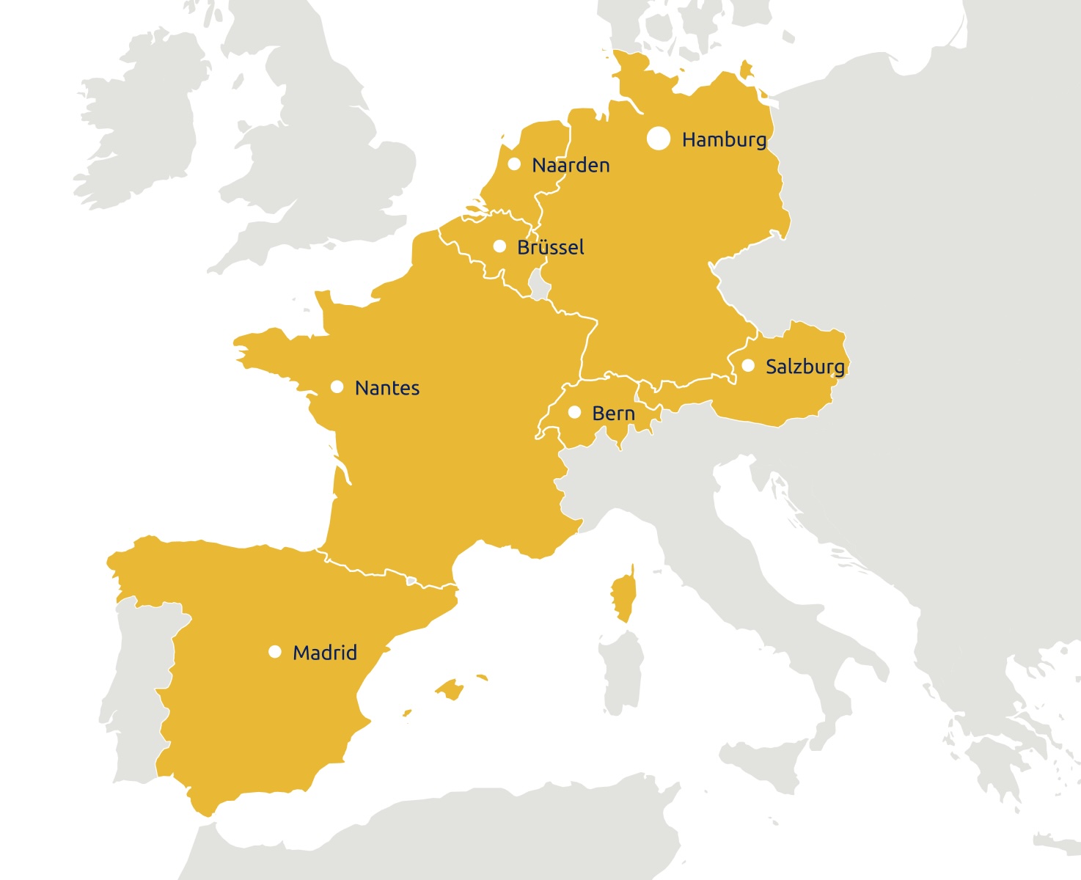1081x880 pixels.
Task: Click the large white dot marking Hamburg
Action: pyautogui.click(x=659, y=138)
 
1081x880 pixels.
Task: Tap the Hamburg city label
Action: pyautogui.click(x=724, y=139)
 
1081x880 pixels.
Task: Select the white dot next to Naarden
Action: pyautogui.click(x=514, y=164)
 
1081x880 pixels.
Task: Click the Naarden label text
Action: pyautogui.click(x=571, y=166)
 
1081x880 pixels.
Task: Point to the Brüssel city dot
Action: pyautogui.click(x=499, y=246)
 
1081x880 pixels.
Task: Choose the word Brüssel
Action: pyautogui.click(x=550, y=248)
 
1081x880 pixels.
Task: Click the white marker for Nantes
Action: pyautogui.click(x=337, y=386)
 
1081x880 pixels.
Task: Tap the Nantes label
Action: pyautogui.click(x=386, y=388)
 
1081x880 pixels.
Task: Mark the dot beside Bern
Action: pyautogui.click(x=575, y=412)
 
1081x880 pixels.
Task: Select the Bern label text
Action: pyautogui.click(x=613, y=414)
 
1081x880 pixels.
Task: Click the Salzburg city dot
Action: pyautogui.click(x=748, y=365)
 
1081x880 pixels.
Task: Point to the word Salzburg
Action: pyautogui.click(x=805, y=367)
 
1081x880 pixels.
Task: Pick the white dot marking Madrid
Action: pyautogui.click(x=275, y=651)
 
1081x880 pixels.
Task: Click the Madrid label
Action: pyautogui.click(x=324, y=653)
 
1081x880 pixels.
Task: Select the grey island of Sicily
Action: pyautogui.click(x=763, y=763)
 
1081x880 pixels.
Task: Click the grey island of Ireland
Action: pyautogui.click(x=139, y=132)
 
